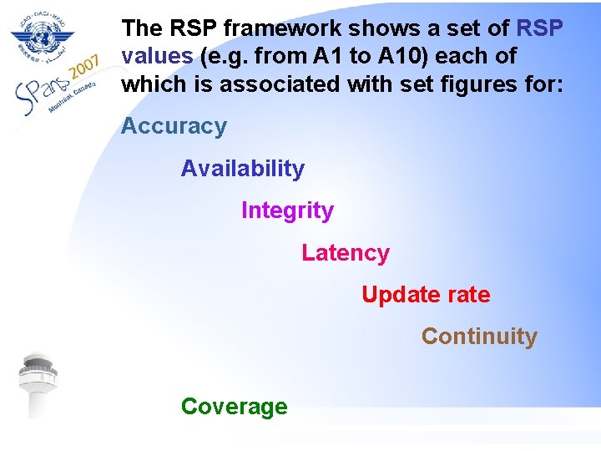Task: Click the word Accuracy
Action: coord(174,127)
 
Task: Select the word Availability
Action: coord(242,169)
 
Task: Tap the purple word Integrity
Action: coord(287,210)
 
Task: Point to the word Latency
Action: coord(345,253)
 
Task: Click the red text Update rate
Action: coord(426,295)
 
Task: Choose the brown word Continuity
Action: coord(479,337)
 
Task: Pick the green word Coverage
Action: coord(234,407)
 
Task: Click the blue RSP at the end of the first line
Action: coord(540,28)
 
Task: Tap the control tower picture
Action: coord(38,384)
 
